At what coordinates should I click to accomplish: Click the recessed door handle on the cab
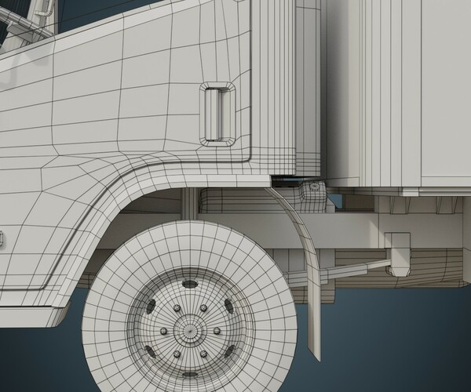217,113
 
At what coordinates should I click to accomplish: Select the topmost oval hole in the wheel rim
189,284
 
